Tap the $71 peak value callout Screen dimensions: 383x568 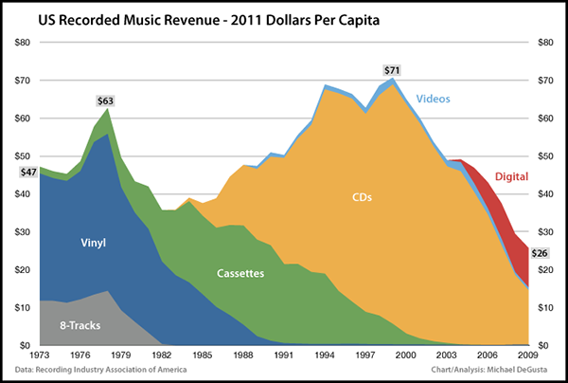(392, 70)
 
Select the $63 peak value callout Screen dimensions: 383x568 (106, 100)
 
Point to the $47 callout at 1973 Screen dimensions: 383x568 (28, 172)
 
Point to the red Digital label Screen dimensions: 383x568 (510, 176)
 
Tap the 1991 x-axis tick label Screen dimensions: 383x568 (281, 356)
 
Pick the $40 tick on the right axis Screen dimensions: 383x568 (546, 193)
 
